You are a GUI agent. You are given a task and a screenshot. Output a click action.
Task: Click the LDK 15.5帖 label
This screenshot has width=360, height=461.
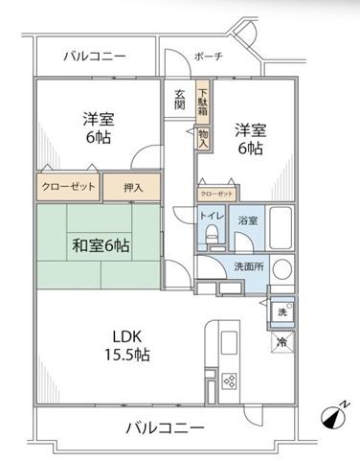[x=127, y=345]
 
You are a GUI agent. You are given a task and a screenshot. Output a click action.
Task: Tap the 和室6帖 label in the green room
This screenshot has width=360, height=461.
[x=101, y=246]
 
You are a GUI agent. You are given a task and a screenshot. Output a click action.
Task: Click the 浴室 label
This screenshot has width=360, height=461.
[x=248, y=220]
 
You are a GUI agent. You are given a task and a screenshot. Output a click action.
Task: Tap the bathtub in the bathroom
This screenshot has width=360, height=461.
[x=281, y=227]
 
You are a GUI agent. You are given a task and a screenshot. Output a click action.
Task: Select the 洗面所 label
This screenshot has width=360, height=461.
[x=249, y=266]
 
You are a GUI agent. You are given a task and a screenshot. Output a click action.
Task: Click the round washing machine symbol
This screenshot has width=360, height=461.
[x=282, y=268]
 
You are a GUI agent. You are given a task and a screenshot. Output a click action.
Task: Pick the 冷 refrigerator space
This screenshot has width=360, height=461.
[x=282, y=342]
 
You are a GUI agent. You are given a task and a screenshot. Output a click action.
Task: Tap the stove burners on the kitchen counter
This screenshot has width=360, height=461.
[x=230, y=380]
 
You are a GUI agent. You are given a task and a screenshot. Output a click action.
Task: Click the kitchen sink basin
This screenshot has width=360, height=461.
[x=229, y=342]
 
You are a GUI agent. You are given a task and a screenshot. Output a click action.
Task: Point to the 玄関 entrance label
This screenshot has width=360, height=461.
[x=180, y=100]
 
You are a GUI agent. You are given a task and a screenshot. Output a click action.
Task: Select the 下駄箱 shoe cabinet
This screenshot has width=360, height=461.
[x=203, y=102]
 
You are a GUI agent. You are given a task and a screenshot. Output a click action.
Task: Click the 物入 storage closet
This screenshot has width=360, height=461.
[x=203, y=139]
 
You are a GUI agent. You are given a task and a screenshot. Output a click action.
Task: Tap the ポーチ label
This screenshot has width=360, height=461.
[x=209, y=57]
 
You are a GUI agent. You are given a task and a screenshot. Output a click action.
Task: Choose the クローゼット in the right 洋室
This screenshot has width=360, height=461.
[x=216, y=195]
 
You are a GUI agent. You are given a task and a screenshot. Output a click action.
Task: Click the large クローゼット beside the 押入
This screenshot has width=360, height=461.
[x=69, y=187]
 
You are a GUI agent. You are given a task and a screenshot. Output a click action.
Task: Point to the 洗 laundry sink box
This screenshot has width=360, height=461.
[x=282, y=312]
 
